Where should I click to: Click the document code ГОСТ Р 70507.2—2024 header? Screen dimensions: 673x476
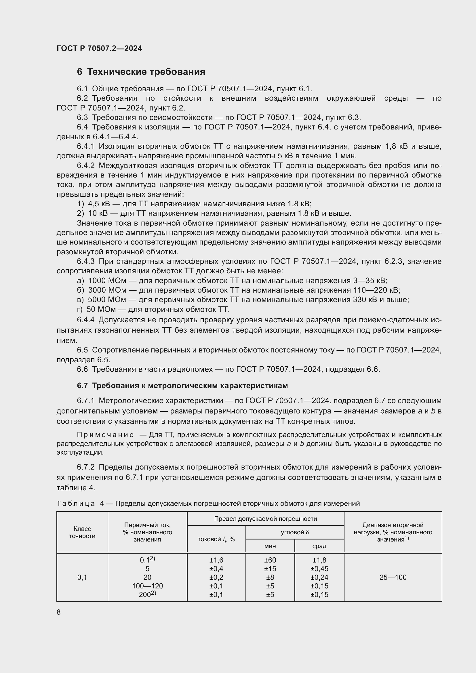pos(99,48)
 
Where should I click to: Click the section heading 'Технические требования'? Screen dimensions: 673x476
pos(146,72)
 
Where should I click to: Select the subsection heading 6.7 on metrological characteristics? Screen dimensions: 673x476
pos(182,386)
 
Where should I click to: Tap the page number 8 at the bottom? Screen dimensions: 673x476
pos(59,612)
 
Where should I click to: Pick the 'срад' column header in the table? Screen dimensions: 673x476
pos(319,546)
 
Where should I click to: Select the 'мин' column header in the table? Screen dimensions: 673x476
pos(270,546)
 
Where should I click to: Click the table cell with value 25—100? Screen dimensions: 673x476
pos(393,577)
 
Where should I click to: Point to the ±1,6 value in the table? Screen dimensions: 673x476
pos(216,560)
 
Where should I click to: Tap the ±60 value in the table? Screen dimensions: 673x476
pos(270,560)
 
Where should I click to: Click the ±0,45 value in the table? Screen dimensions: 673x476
pos(319,569)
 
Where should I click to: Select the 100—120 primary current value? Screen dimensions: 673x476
pos(147,586)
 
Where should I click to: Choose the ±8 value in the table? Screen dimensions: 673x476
pos(270,577)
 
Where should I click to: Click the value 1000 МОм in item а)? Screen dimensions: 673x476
pos(107,281)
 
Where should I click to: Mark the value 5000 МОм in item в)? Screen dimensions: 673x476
pos(107,300)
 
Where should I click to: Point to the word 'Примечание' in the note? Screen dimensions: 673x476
pos(105,435)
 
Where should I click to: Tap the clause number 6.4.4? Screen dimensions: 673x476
pos(85,320)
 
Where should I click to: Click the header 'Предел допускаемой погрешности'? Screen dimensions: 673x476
pos(265,519)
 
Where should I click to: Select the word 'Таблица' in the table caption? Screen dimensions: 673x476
pos(76,504)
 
